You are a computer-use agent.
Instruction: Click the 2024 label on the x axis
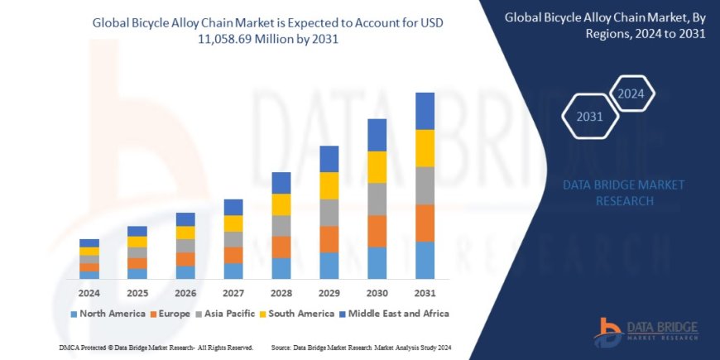(x=89, y=293)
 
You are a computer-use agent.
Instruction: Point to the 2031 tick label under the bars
(x=425, y=293)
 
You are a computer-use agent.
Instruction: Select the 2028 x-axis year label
(x=281, y=293)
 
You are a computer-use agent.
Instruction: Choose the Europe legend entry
(x=170, y=314)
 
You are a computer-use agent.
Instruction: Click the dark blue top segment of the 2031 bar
(x=425, y=111)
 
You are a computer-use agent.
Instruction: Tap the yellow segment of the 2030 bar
(x=377, y=167)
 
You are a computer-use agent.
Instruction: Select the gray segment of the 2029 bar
(x=329, y=212)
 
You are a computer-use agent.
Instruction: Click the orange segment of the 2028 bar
(x=281, y=247)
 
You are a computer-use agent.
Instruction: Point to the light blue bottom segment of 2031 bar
(x=425, y=260)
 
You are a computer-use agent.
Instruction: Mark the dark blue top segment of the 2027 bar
(x=233, y=207)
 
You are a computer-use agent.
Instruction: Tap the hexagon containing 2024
(x=631, y=93)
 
